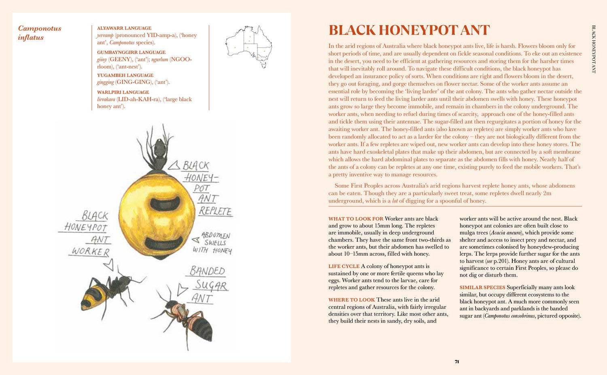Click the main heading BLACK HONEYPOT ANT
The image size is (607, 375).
pyautogui.click(x=409, y=30)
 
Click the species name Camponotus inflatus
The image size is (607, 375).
pyautogui.click(x=39, y=33)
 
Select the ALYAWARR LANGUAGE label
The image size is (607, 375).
pyautogui.click(x=124, y=28)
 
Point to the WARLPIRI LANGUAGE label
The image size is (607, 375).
pyautogui.click(x=123, y=92)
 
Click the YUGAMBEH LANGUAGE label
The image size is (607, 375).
pyautogui.click(x=125, y=75)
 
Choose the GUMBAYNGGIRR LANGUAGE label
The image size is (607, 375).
pyautogui.click(x=131, y=52)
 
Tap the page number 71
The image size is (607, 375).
pyautogui.click(x=456, y=362)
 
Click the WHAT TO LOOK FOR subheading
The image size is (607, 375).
pyautogui.click(x=356, y=219)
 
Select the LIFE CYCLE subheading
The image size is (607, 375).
pyautogui.click(x=344, y=266)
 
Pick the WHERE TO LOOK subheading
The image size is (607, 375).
pyautogui.click(x=351, y=300)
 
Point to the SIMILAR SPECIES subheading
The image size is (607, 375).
pyautogui.click(x=482, y=288)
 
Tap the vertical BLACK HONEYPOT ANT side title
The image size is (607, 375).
pyautogui.click(x=594, y=49)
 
